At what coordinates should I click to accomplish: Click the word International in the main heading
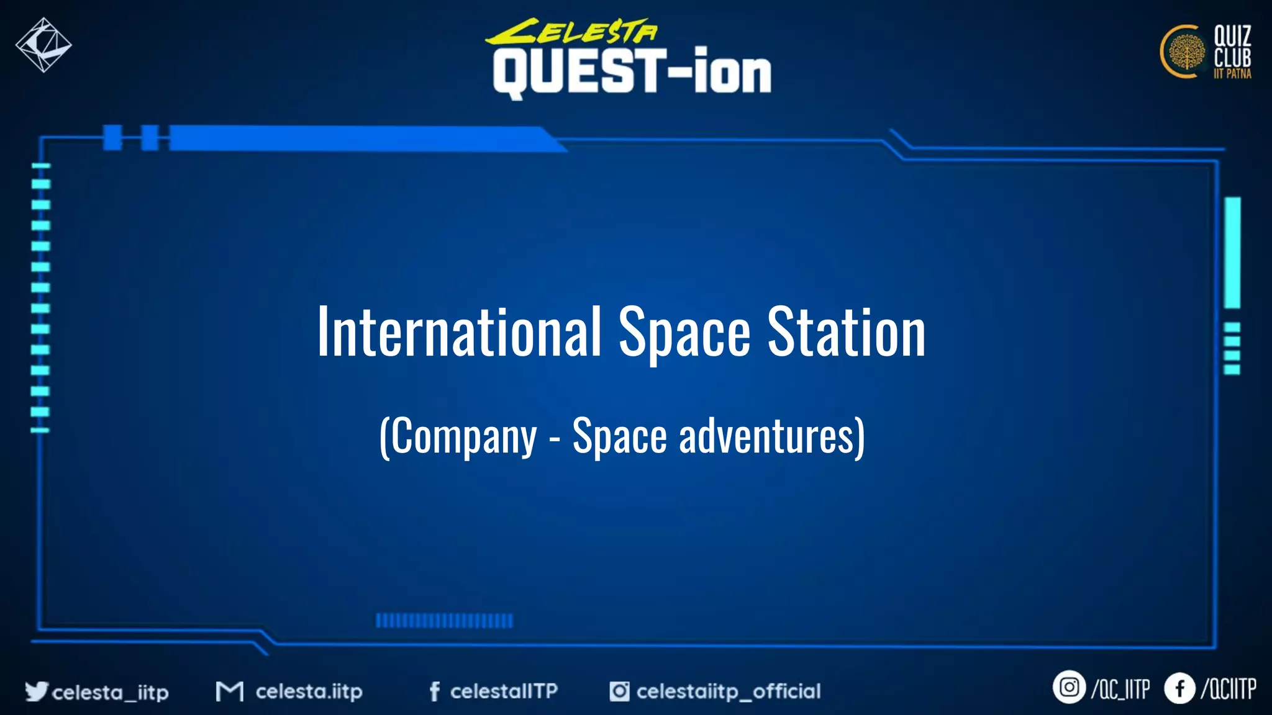458,333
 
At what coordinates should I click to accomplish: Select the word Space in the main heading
684,334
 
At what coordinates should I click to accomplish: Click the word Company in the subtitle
463,437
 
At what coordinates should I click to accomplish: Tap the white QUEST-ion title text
632,73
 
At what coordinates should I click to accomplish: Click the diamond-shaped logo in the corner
43,45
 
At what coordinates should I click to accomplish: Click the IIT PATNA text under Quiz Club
1232,74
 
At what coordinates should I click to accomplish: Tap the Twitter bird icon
36,691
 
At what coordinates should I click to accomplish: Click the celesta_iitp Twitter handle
110,692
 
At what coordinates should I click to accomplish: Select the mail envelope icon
229,691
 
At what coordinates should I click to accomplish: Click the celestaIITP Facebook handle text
504,691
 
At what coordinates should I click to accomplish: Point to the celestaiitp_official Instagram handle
728,691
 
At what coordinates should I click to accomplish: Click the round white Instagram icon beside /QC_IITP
1069,688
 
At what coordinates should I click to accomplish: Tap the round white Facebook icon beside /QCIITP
1179,688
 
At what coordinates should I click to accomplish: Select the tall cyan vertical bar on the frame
1232,252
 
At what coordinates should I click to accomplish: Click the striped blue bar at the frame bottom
444,621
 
